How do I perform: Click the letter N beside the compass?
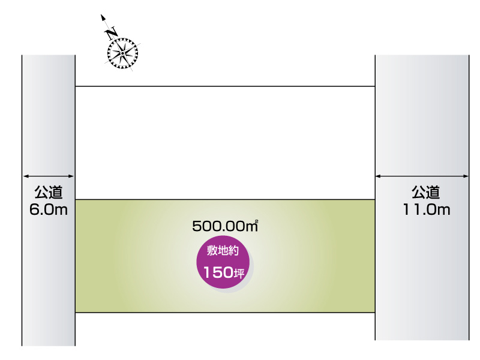pos(112,34)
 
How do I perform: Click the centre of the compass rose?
pos(122,53)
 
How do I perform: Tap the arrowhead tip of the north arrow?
pos(102,15)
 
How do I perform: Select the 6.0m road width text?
pos(49,209)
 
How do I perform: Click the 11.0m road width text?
pos(427,209)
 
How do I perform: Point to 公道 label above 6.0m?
pos(49,192)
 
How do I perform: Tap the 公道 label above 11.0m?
pos(425,192)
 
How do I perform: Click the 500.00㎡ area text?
pos(225,226)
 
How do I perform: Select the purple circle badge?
pos(223,262)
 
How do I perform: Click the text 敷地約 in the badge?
pos(223,251)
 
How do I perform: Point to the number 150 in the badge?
pos(218,272)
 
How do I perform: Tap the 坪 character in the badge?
pos(239,273)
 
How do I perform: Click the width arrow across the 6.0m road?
pos(49,176)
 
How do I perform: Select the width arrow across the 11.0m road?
pos(422,176)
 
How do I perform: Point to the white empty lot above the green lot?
pos(225,143)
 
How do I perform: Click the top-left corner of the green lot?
pos(76,200)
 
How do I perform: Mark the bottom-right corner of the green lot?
pos(374,312)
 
